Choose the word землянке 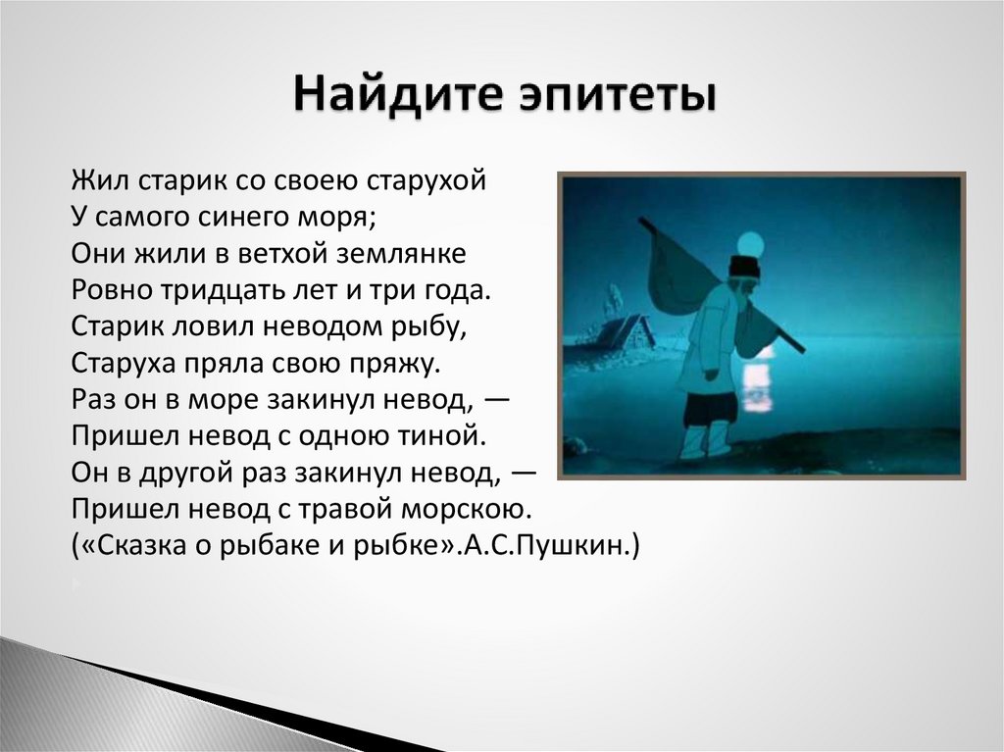(x=400, y=254)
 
